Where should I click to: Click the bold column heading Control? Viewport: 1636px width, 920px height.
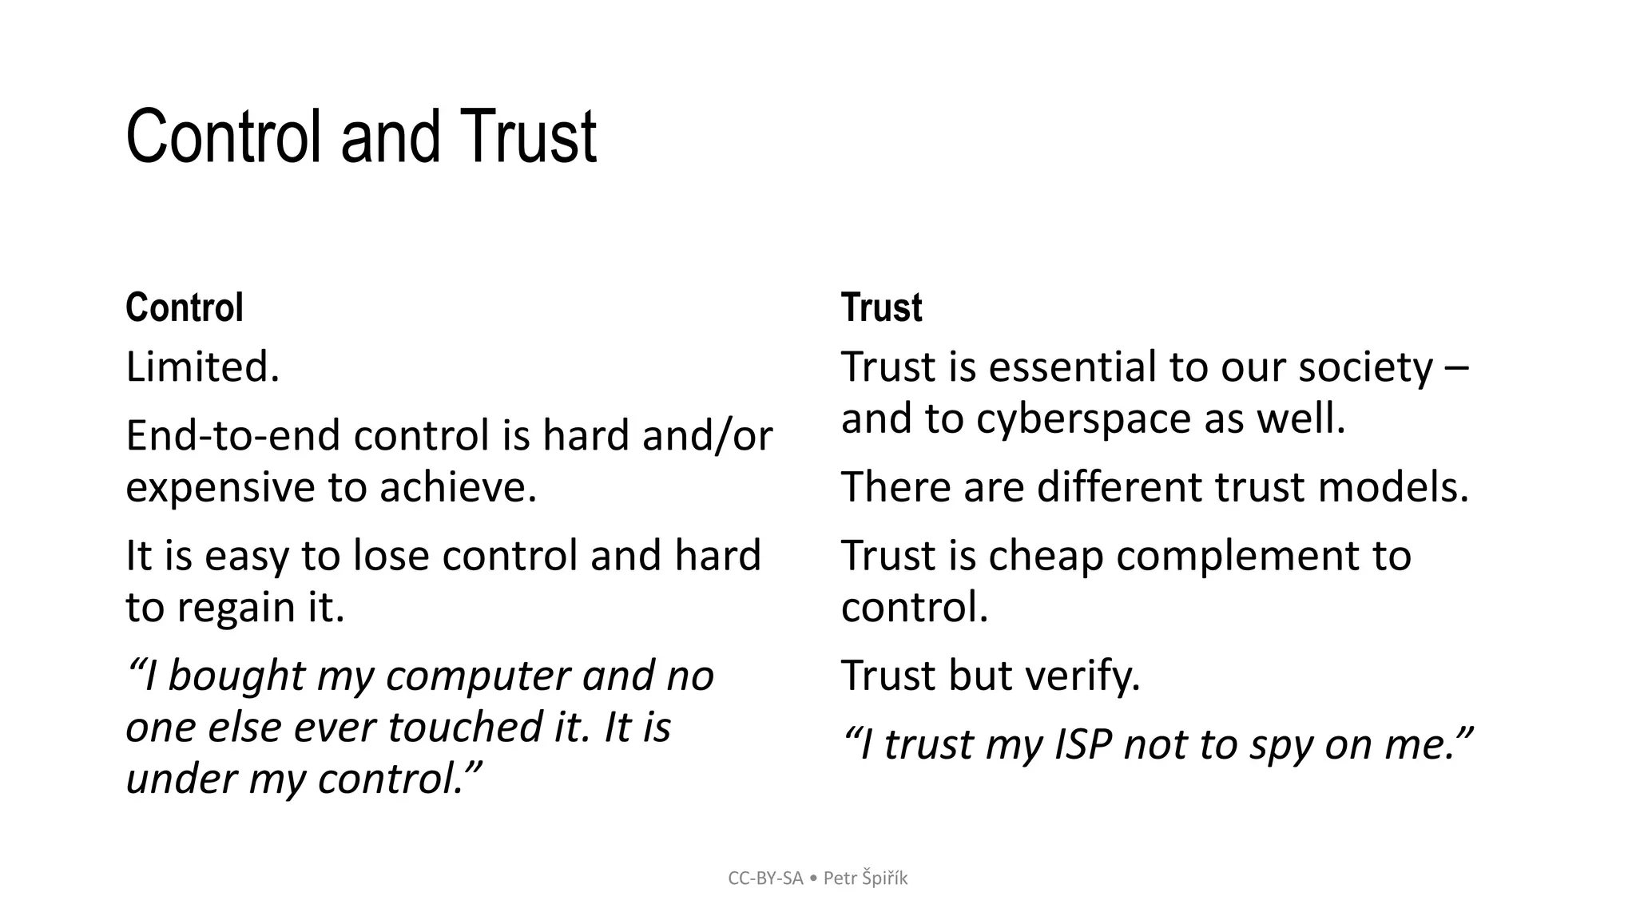click(x=184, y=308)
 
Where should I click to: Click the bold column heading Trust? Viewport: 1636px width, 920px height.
click(x=881, y=308)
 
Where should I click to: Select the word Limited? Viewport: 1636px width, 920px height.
click(x=203, y=367)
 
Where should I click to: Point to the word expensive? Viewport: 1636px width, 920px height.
click(x=220, y=487)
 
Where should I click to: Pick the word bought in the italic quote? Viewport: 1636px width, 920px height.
click(x=236, y=676)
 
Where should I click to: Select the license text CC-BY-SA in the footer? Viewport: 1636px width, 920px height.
click(x=765, y=878)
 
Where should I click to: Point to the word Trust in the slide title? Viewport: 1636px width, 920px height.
click(x=528, y=137)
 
